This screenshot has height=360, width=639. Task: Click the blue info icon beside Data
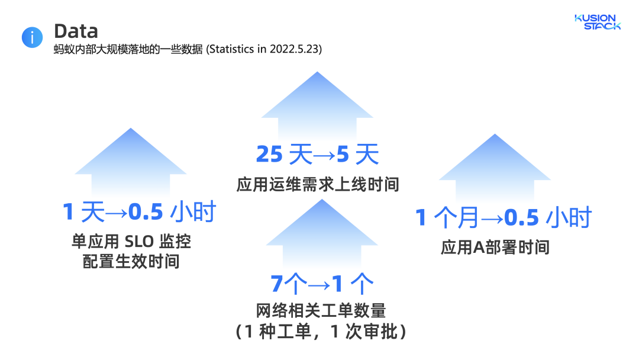[32, 37]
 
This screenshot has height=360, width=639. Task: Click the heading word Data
[76, 31]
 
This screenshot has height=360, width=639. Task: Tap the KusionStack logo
[598, 22]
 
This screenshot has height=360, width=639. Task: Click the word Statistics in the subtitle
[232, 50]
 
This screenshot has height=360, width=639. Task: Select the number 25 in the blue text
[269, 155]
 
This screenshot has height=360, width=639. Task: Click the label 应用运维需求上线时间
[318, 185]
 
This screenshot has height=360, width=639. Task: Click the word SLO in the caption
[138, 242]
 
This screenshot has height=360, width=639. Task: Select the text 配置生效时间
[131, 261]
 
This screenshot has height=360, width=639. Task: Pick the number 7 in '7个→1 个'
[277, 284]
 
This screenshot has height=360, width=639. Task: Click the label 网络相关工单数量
[321, 310]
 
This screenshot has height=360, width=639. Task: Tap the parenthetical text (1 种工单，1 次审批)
[321, 332]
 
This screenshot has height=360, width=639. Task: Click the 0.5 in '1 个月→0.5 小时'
[521, 218]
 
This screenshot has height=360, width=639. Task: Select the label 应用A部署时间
[495, 247]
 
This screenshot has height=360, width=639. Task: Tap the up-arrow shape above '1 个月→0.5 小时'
[495, 169]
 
